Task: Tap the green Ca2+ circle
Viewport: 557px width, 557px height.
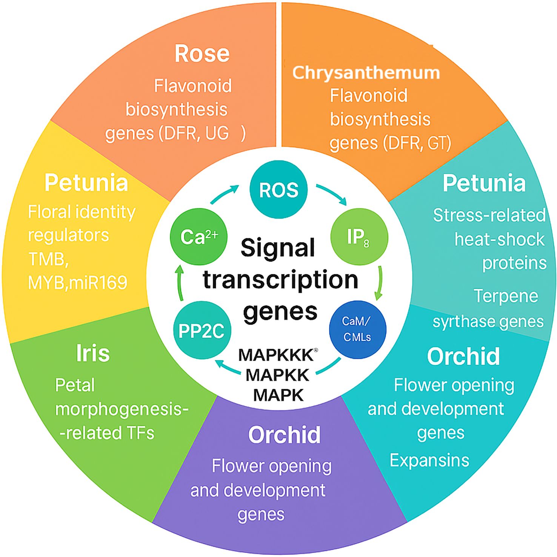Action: [x=198, y=237]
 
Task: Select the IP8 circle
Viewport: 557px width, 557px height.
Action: [x=359, y=237]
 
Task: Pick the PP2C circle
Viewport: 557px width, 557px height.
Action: [x=202, y=331]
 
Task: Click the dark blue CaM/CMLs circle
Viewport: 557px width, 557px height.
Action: [x=358, y=329]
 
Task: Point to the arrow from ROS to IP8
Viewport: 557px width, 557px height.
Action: [x=332, y=194]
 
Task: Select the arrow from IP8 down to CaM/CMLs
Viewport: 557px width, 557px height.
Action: [x=379, y=283]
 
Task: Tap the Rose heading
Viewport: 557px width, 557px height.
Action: [x=202, y=54]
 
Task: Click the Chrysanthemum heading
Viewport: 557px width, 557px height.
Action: [x=366, y=72]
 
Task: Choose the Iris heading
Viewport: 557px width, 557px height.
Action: [x=93, y=353]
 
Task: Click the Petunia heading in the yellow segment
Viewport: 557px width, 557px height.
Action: [x=86, y=183]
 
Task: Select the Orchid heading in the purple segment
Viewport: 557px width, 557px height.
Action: [x=284, y=435]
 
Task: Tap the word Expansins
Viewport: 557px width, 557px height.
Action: [x=429, y=460]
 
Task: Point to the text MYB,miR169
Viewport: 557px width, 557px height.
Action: [x=78, y=283]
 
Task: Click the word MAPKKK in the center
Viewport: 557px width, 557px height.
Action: [x=276, y=355]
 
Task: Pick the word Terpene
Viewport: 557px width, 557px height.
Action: [x=506, y=296]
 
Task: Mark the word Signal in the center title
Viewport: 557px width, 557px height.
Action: [x=278, y=248]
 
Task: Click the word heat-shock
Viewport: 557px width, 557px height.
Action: [x=500, y=239]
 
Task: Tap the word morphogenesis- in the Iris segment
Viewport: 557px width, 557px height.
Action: [x=122, y=409]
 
